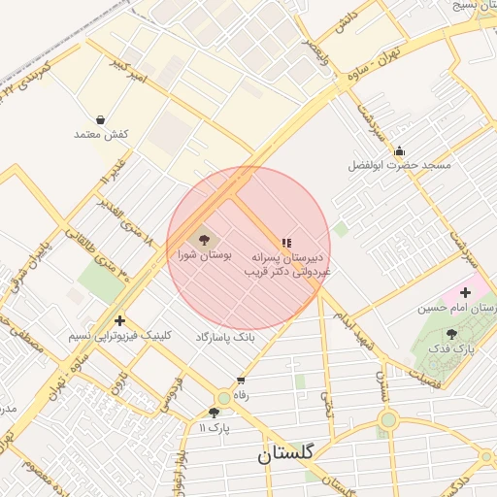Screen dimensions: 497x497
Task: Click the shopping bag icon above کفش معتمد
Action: pos(101,119)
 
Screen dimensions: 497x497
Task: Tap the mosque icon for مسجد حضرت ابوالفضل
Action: pos(399,150)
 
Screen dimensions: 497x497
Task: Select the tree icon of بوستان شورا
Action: pos(204,239)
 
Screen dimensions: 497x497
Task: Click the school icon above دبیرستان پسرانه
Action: pos(285,243)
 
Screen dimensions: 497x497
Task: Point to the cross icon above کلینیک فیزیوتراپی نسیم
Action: pos(119,320)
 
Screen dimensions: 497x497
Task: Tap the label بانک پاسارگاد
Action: pos(224,336)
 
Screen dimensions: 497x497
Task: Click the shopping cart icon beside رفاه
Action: pos(241,380)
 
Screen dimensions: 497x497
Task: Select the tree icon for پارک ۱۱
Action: pos(214,412)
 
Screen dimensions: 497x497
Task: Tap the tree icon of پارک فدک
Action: pos(451,333)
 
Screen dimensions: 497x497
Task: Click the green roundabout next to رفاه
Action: pos(224,397)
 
